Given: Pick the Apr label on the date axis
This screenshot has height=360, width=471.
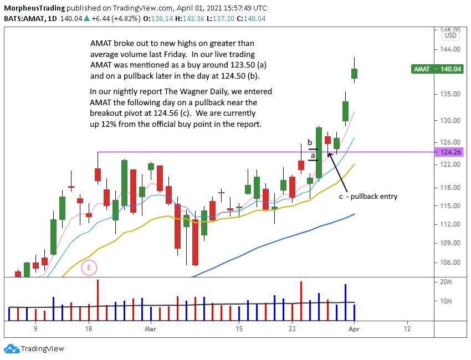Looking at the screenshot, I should coord(354,328).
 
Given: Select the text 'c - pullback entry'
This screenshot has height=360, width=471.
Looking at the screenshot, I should coord(368,196).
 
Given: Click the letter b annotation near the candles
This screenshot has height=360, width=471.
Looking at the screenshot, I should coord(310,143).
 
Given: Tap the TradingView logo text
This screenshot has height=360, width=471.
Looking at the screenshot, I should coord(42,349).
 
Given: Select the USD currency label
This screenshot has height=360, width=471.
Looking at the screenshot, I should coord(450,35).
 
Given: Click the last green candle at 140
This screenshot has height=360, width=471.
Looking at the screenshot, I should coord(354,73).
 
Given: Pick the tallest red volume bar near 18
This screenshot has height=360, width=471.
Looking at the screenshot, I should coord(98,300).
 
